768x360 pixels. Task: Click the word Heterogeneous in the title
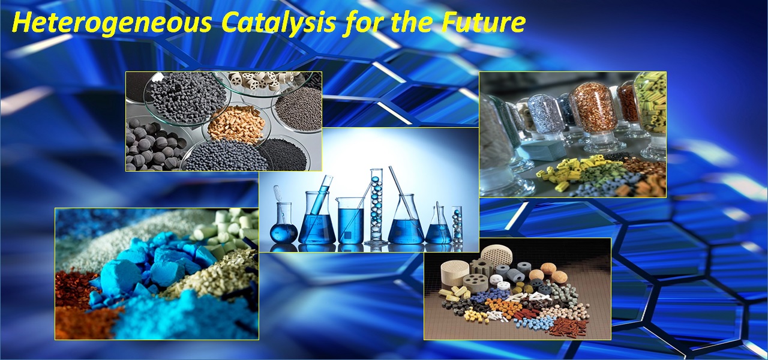[112, 23]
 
